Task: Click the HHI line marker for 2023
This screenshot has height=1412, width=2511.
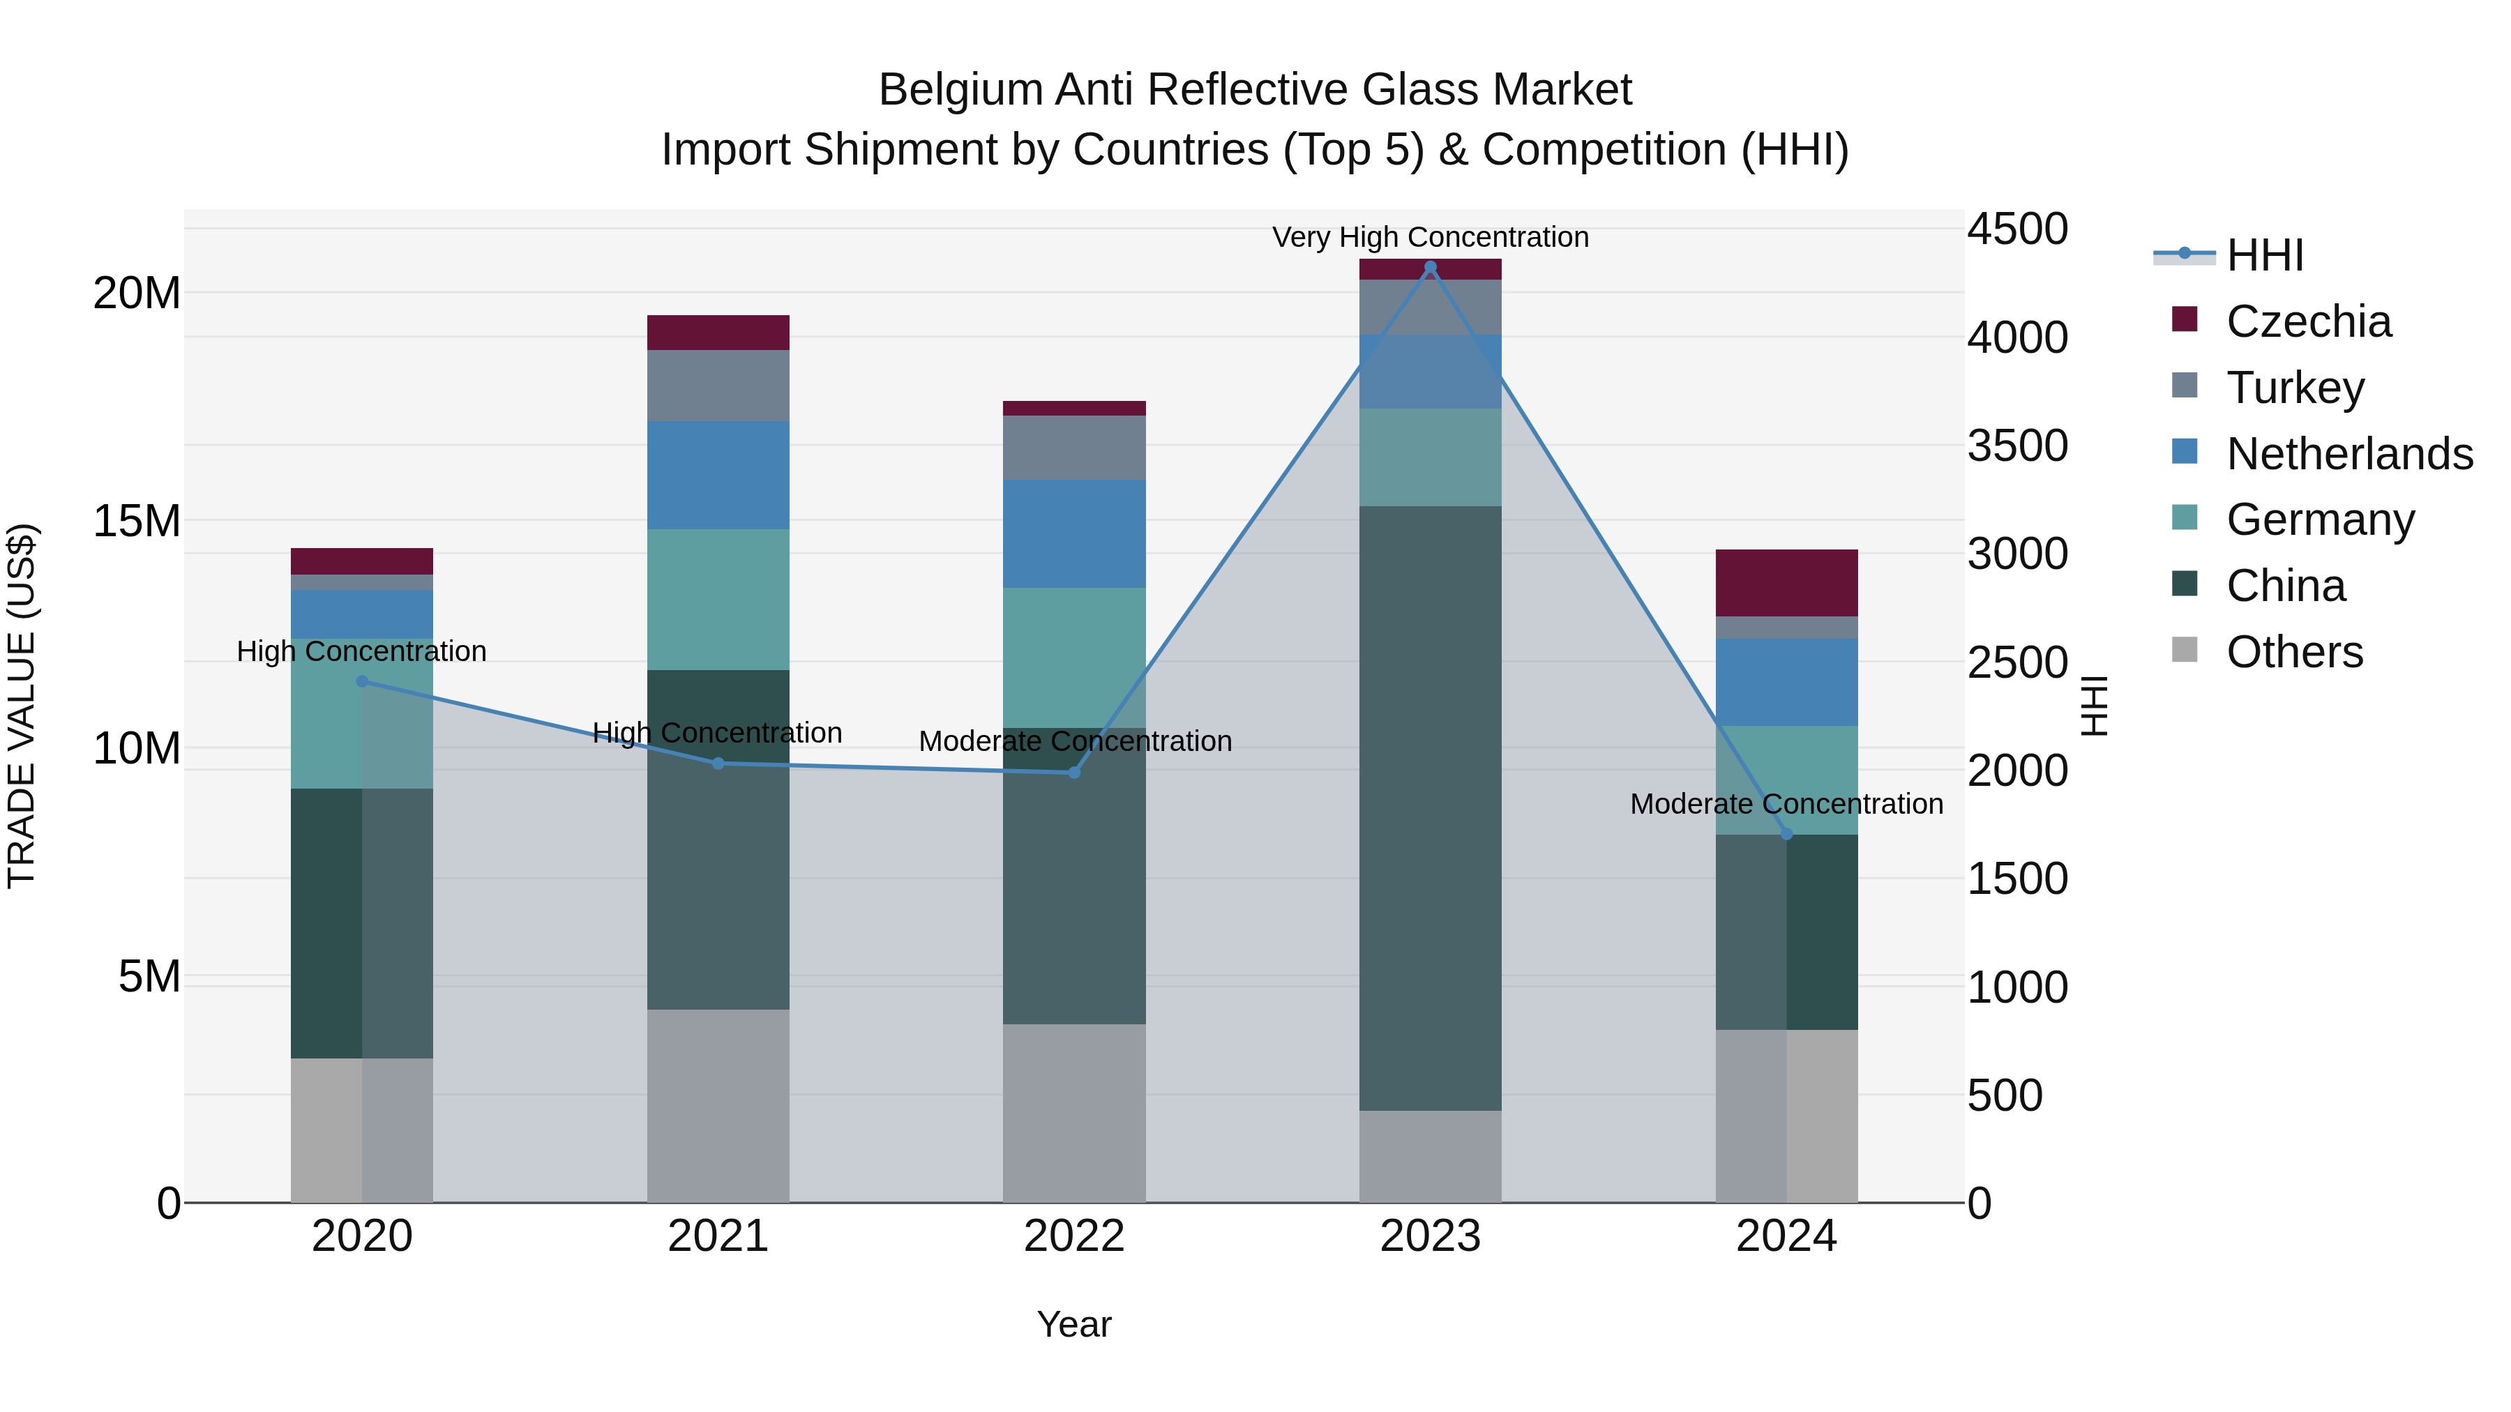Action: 1430,267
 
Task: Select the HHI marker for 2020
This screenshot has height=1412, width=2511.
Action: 361,681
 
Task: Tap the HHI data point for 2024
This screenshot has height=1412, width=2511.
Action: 1786,834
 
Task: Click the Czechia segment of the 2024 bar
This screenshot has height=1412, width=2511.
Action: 1786,583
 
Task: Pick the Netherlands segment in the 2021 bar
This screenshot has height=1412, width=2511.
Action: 718,475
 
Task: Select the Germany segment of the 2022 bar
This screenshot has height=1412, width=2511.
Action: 1074,657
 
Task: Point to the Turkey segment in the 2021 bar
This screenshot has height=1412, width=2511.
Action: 718,385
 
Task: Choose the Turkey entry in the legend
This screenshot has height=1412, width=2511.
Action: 2295,387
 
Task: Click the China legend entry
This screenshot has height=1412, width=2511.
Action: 2285,586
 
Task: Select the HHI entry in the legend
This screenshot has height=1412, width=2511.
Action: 2264,255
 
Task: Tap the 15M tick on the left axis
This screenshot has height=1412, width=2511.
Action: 137,522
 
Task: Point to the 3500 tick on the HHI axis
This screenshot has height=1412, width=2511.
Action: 2016,446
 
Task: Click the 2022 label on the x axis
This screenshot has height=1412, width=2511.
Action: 1074,1236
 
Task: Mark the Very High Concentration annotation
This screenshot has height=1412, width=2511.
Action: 1430,237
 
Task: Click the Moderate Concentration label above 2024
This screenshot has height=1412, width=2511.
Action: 1786,804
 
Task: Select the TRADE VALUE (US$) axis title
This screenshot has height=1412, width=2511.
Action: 22,706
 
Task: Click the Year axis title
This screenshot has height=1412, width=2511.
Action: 1074,1324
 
